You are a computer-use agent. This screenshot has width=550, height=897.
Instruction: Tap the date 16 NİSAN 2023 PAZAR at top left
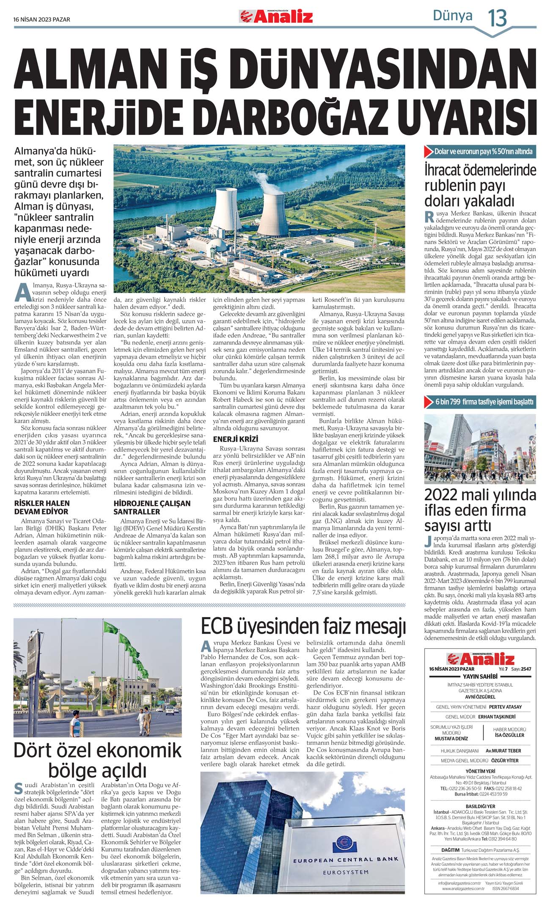(x=42, y=19)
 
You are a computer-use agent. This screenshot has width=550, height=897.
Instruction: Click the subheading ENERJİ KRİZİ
(x=236, y=439)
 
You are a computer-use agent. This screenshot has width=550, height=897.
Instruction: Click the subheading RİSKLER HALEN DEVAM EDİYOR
(x=42, y=507)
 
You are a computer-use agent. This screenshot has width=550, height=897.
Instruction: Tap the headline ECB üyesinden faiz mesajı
(x=303, y=626)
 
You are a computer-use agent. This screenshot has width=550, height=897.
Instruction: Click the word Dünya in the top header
(x=452, y=16)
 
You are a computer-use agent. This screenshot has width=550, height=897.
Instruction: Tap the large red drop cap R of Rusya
(x=429, y=217)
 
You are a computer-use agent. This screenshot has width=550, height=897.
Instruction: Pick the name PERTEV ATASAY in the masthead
(x=505, y=707)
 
